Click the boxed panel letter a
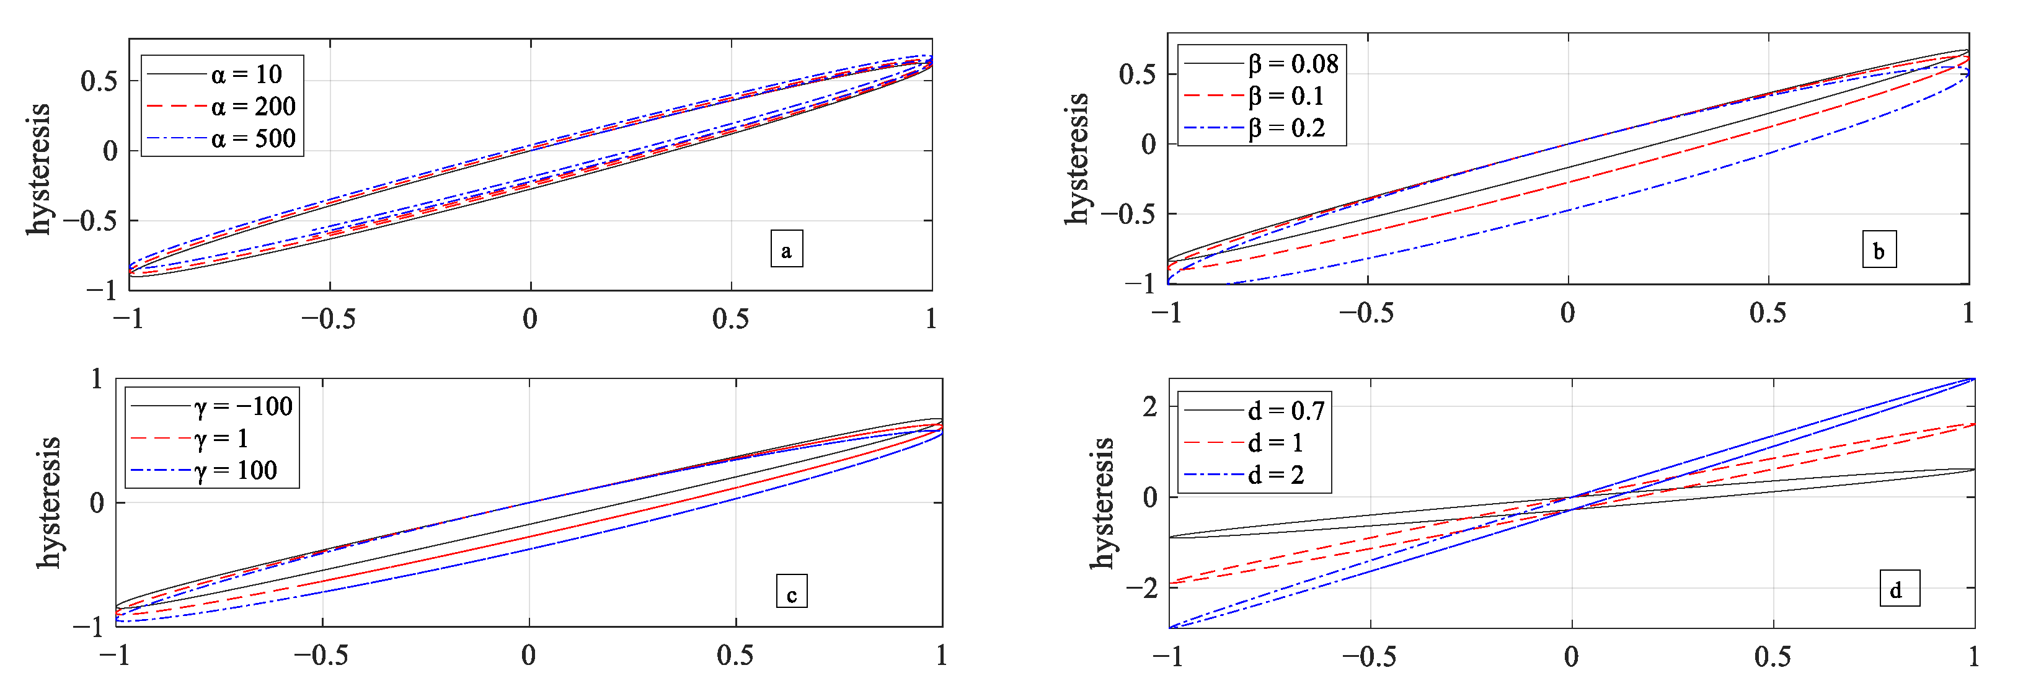(x=786, y=250)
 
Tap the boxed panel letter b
(x=1879, y=250)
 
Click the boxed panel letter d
(x=1899, y=589)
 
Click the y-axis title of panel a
(x=38, y=169)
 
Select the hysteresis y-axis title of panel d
(x=1102, y=502)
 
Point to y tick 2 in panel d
(x=1149, y=407)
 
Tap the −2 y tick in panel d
(x=1143, y=587)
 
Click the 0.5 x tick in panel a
(x=730, y=319)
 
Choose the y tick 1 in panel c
(x=97, y=380)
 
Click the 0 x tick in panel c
(x=528, y=656)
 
